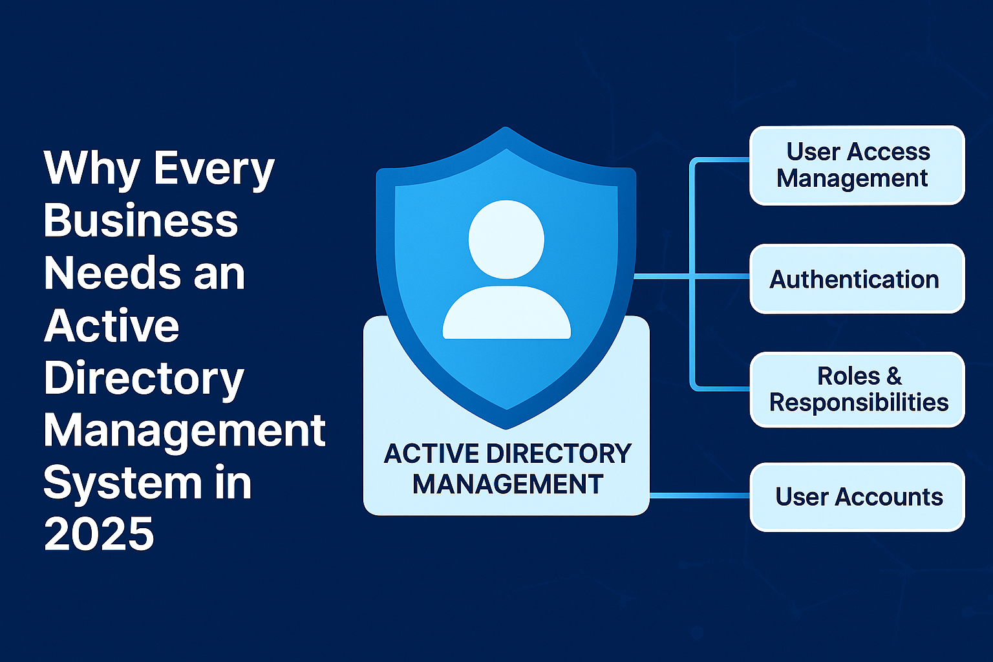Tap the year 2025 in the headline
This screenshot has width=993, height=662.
point(99,534)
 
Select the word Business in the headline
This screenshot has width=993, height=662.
point(141,220)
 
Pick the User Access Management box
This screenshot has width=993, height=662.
point(857,165)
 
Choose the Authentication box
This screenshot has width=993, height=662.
point(857,279)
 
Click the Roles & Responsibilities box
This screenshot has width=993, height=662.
point(857,389)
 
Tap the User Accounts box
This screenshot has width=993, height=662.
point(857,496)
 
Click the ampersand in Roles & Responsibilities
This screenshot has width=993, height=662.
point(894,376)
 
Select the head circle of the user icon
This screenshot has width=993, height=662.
point(506,239)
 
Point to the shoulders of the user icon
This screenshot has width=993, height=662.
point(506,314)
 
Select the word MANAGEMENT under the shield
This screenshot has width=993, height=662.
point(507,484)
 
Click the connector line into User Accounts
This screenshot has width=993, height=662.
point(698,496)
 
